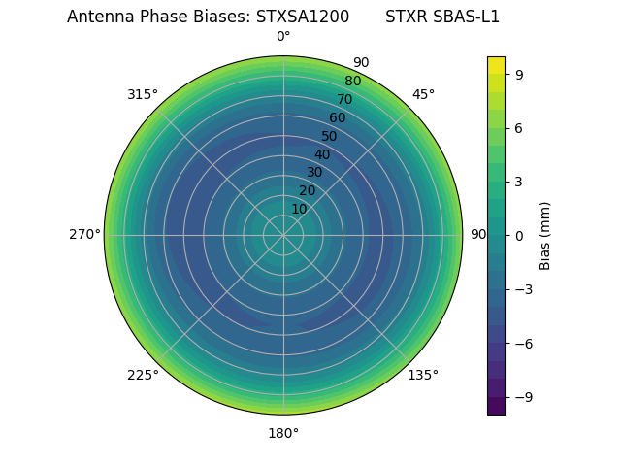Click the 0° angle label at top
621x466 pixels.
tap(283, 37)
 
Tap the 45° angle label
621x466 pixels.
tap(423, 94)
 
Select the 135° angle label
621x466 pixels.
tap(423, 375)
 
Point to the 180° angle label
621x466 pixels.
tap(283, 433)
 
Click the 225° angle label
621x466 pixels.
tap(143, 375)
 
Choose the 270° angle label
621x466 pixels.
tap(84, 235)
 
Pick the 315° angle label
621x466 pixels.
tap(143, 94)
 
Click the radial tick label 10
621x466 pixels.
tap(299, 209)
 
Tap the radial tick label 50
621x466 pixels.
tap(330, 136)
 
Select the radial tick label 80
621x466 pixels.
tap(353, 82)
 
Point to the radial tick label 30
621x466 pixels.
tap(314, 173)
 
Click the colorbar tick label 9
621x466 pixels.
tap(519, 73)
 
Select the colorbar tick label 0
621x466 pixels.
tap(519, 235)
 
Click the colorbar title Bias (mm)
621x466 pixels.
tap(545, 235)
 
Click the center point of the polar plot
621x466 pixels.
tap(283, 235)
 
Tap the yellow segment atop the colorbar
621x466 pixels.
tap(496, 64)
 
